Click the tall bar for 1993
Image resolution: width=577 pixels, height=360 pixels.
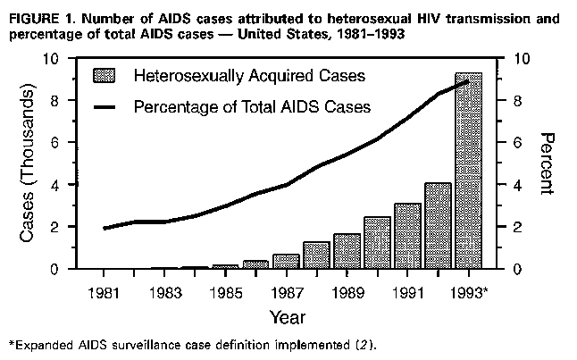468,170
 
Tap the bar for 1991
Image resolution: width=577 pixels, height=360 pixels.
407,237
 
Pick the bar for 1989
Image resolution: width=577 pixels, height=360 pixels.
347,251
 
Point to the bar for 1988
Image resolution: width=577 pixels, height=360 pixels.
316,255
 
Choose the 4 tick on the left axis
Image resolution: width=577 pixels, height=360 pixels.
58,185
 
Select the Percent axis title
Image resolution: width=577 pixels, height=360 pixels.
548,163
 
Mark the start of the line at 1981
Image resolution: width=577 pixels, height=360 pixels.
105,228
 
